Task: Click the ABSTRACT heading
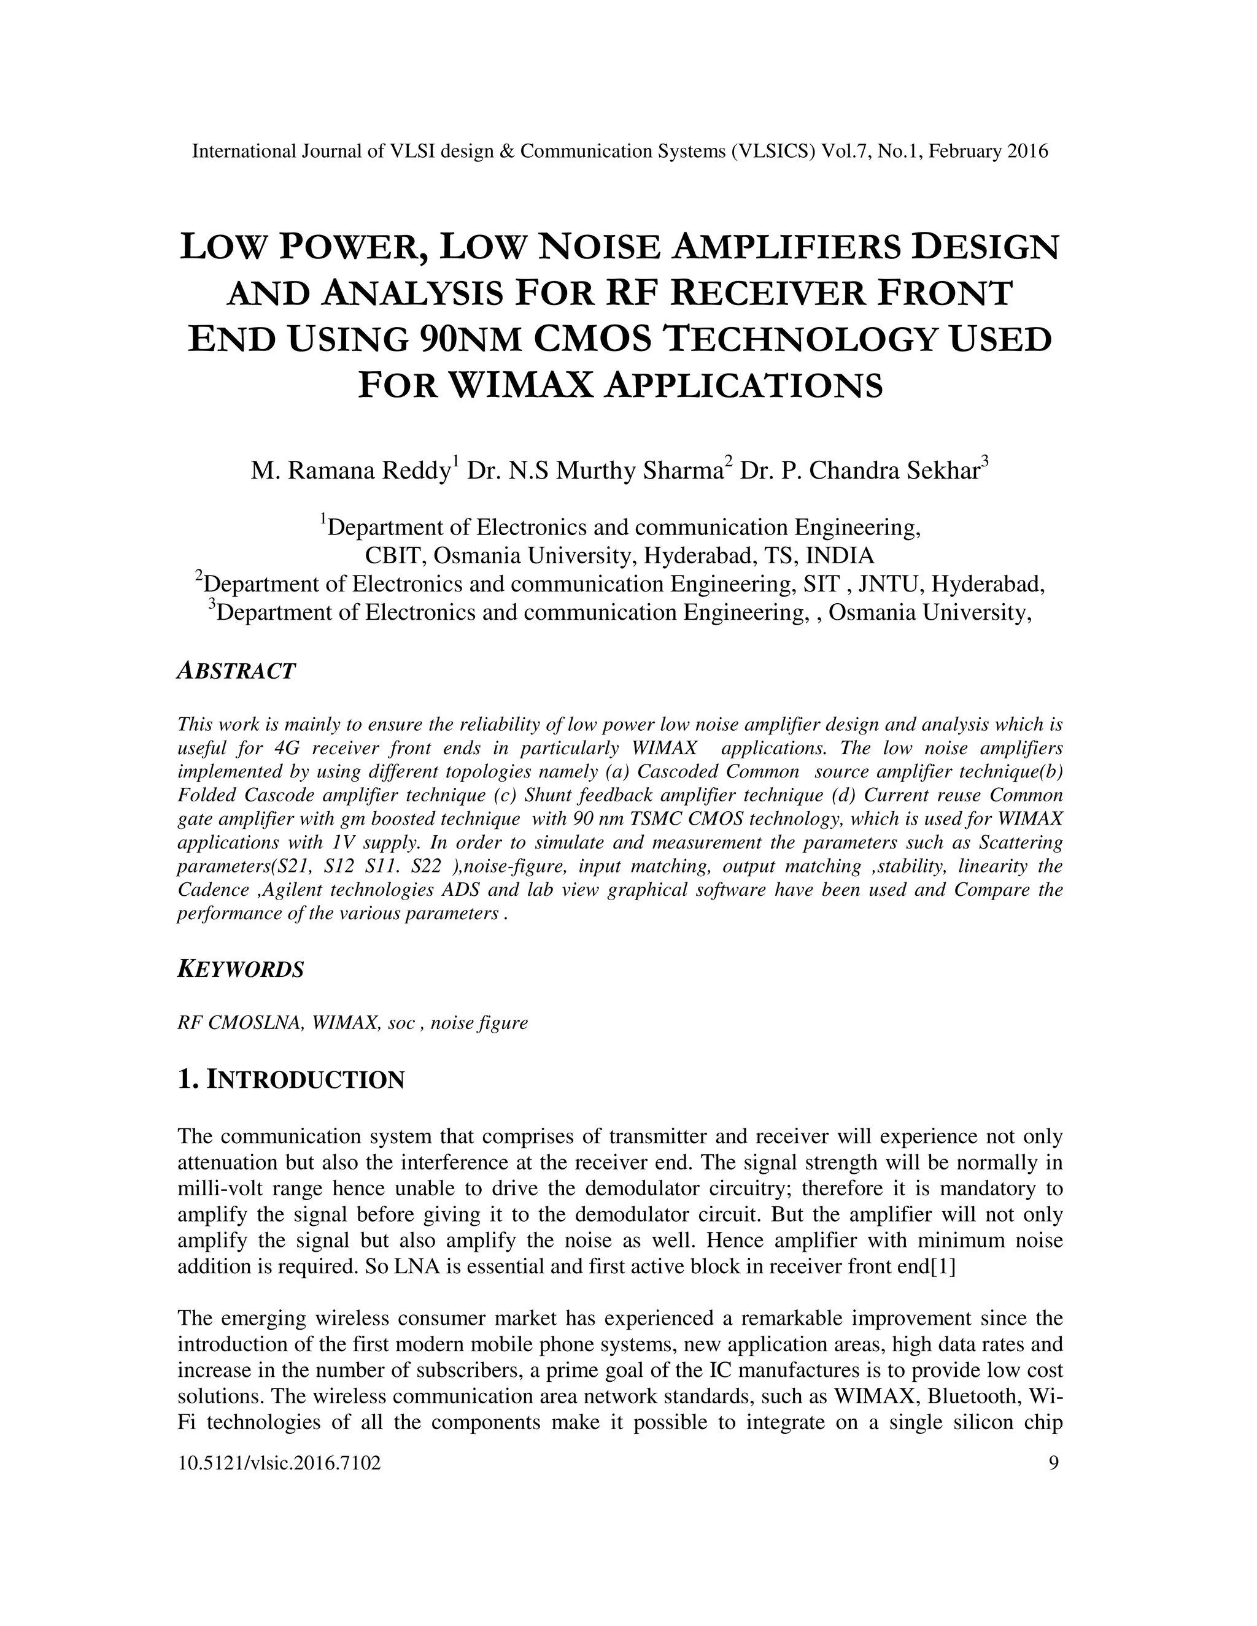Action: point(236,671)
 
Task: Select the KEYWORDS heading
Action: point(241,969)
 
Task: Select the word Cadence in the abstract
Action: point(212,890)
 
